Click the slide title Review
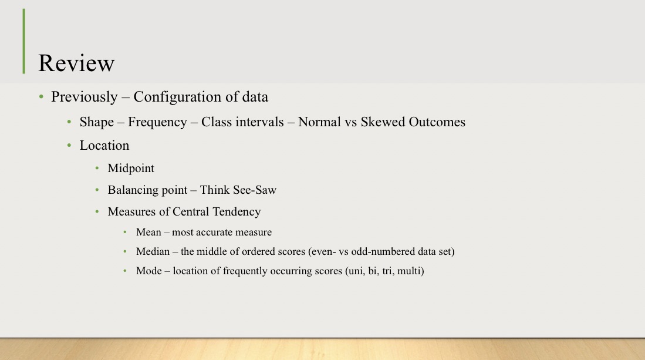coord(76,63)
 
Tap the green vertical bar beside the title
coord(24,41)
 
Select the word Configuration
coord(175,97)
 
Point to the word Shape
coord(97,122)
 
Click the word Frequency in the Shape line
coord(157,122)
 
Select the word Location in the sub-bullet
coord(104,145)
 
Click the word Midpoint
coord(131,169)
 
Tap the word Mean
coord(149,232)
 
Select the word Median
coord(153,252)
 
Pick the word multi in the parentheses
coord(409,271)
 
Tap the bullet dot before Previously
coord(41,97)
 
